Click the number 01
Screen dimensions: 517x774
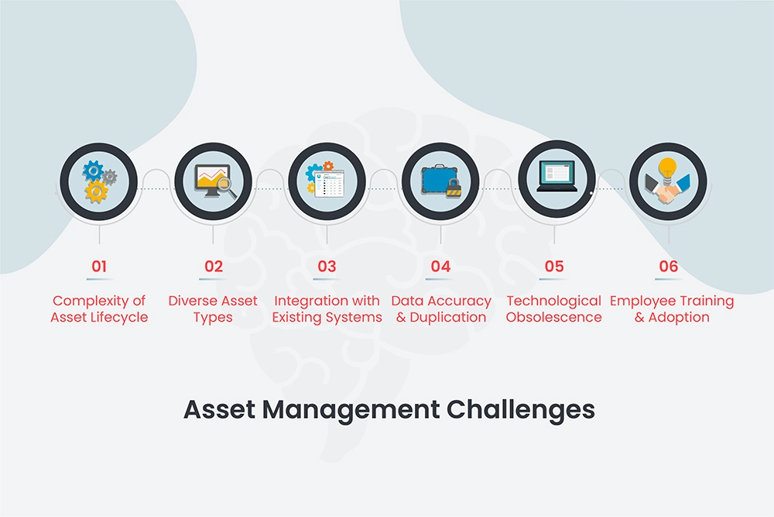(99, 267)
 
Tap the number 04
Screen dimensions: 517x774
(440, 267)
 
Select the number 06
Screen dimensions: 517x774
(668, 267)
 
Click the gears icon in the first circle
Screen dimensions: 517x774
(98, 181)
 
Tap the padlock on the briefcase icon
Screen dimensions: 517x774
(454, 188)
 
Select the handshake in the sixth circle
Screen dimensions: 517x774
(666, 192)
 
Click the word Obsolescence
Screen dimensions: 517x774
(554, 317)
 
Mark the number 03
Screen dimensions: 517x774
(327, 267)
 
